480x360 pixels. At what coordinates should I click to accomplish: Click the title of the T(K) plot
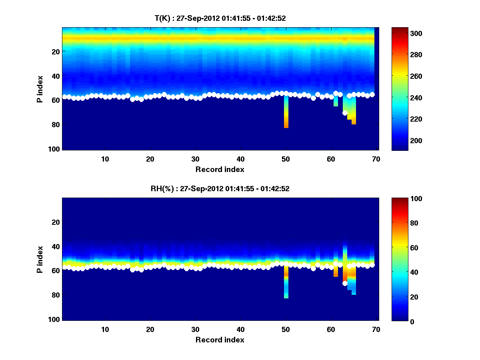[x=220, y=18]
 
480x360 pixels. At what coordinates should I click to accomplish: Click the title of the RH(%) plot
[x=220, y=189]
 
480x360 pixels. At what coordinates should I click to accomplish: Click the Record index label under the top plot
[x=220, y=169]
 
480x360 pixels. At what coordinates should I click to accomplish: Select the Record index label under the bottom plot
[x=220, y=340]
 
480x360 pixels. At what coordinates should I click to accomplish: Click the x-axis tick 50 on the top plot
[x=286, y=159]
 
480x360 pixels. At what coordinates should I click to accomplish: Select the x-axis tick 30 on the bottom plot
[x=196, y=329]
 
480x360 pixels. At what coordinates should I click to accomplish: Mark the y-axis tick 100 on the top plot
[x=56, y=149]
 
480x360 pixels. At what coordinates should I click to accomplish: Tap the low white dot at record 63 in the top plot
[x=345, y=113]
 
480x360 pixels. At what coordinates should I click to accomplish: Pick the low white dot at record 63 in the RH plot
[x=345, y=283]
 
